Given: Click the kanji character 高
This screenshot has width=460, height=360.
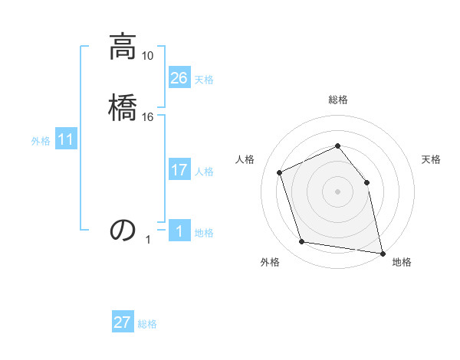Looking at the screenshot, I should pos(123,47).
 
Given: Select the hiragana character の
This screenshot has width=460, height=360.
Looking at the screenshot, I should pos(123,230).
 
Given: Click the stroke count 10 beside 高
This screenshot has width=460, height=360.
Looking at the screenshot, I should pos(148,56).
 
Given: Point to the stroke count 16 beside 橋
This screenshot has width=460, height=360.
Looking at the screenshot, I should pos(148,116).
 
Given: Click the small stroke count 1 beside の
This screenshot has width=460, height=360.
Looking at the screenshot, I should pos(148,240).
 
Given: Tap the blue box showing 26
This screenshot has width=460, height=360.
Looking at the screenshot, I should pos(179,78).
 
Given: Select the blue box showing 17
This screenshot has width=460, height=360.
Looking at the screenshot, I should pos(179,170).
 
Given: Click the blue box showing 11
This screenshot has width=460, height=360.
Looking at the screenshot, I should pos(66,140).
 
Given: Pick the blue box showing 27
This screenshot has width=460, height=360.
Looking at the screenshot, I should pos(123,322).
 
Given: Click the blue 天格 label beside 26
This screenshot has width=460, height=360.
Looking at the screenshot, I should pos(204,80).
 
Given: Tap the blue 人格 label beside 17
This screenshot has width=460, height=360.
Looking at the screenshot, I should pos(204,172).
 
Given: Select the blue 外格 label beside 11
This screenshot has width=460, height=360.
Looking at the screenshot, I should pos(41,141).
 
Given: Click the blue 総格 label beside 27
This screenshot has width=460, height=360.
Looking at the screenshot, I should pos(147,324).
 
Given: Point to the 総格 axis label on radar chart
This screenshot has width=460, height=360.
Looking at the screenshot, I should pos(337,100).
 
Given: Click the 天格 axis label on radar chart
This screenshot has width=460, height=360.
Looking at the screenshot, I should pos(432,159).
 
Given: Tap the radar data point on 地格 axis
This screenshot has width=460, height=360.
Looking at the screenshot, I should pos(382,252).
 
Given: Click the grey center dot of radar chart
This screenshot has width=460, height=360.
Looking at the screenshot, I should pos(337,191).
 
